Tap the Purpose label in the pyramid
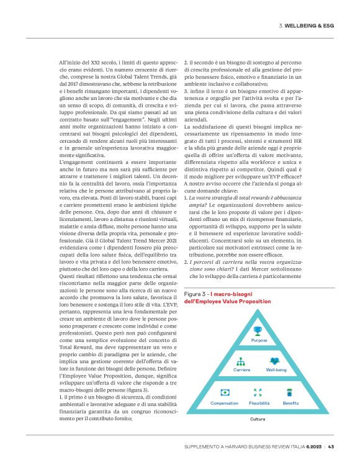coord(258,341)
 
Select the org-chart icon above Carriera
coord(241,361)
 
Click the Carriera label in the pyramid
coord(241,369)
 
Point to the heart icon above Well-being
coord(275,361)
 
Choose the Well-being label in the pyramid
coord(276,369)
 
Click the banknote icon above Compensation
coord(225,392)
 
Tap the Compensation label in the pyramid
coord(225,402)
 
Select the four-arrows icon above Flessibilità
coord(258,392)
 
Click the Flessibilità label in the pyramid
coord(258,402)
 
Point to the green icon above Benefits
coord(290,392)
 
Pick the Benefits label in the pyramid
coord(290,402)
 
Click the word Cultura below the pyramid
coord(258,419)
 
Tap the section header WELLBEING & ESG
coord(310,25)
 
